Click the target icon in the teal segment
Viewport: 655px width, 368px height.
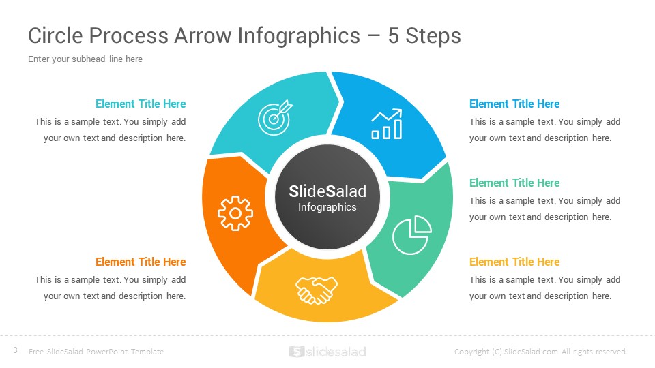point(274,117)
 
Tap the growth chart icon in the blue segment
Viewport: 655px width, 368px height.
point(386,125)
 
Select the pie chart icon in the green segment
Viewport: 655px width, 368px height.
point(410,235)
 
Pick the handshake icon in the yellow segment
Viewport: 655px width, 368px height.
point(317,289)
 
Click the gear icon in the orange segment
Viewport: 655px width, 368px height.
point(235,213)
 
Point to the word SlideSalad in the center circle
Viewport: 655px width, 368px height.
point(327,191)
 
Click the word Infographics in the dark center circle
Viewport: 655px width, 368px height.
point(327,207)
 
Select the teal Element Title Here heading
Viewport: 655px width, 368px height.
point(141,104)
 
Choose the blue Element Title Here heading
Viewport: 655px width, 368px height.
point(514,104)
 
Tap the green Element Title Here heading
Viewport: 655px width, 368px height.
point(514,183)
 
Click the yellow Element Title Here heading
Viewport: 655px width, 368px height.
point(514,262)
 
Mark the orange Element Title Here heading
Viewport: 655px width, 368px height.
point(141,262)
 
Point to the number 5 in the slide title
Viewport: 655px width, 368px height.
point(394,35)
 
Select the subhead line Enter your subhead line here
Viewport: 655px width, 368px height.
point(85,59)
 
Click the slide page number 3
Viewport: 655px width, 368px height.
point(15,350)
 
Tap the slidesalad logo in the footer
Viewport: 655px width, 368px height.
point(327,352)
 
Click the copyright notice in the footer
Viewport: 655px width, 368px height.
point(540,352)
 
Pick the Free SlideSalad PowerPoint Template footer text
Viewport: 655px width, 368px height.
point(96,352)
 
